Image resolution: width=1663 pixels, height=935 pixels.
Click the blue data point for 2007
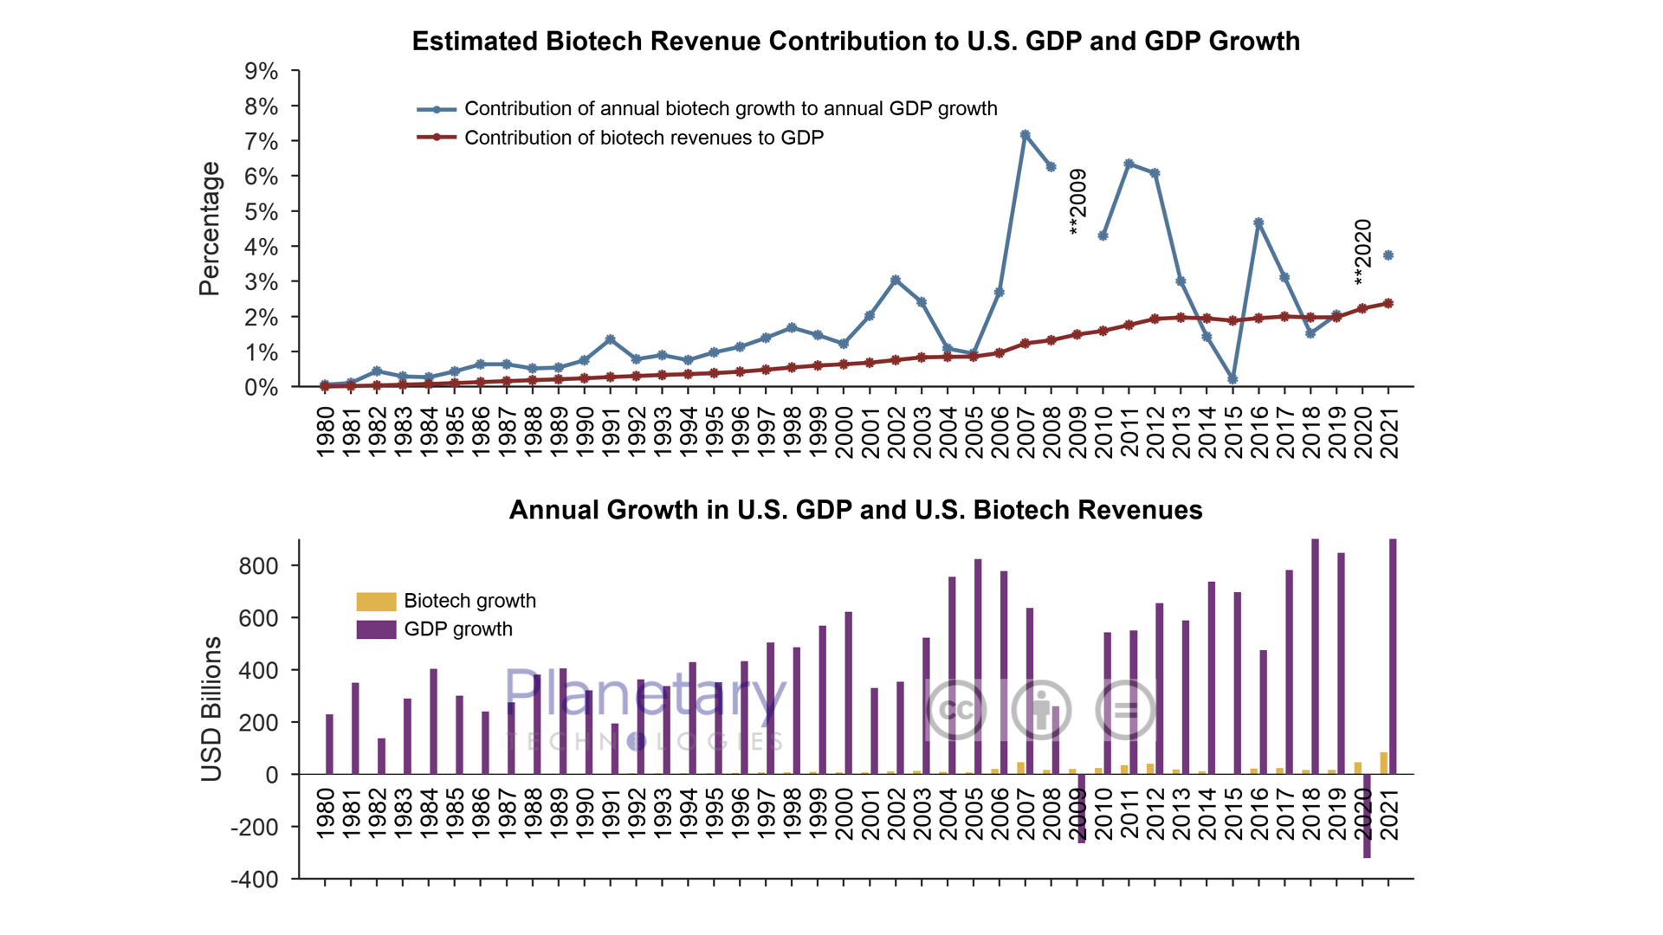coord(1025,135)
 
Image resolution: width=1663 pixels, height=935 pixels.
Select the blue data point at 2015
coord(1233,379)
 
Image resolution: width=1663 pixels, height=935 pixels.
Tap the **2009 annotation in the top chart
coord(1077,202)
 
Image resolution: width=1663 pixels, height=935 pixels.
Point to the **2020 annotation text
coord(1362,252)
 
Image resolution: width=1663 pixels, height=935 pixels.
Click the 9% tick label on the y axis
coord(261,71)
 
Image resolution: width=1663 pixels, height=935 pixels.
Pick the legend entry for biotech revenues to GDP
coord(644,138)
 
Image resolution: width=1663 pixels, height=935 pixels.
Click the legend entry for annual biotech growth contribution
coord(730,109)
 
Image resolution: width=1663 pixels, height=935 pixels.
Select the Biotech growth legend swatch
coord(376,601)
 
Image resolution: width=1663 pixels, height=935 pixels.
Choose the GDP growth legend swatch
coord(376,629)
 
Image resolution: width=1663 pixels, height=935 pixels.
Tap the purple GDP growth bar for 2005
coord(978,666)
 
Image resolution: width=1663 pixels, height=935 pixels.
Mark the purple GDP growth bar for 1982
coord(381,756)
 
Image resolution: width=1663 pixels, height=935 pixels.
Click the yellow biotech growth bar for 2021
coord(1383,763)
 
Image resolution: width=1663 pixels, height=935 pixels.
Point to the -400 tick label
coord(254,880)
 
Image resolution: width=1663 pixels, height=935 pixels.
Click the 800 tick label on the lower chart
coord(258,566)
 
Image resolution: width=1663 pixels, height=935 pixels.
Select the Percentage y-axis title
coord(210,229)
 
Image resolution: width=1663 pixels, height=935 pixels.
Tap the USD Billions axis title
coord(211,709)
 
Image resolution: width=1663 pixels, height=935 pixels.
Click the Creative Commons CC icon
coord(956,710)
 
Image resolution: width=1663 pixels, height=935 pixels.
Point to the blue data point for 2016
coord(1259,223)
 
